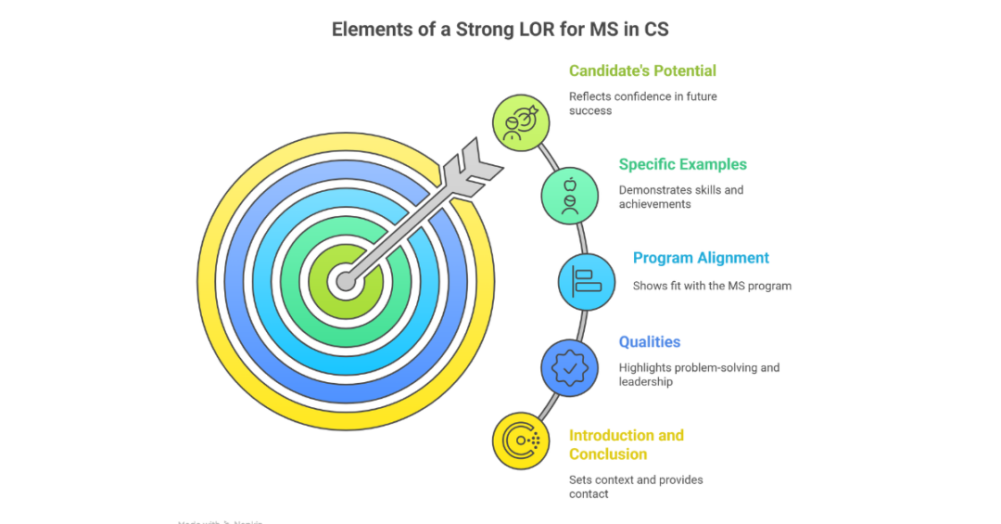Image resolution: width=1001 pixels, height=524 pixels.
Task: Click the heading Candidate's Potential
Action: [642, 70]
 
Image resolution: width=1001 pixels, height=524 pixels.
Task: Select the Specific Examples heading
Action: [682, 164]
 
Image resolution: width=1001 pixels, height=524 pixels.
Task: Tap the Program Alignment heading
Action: [701, 258]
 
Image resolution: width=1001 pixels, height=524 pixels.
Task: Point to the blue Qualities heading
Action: [649, 342]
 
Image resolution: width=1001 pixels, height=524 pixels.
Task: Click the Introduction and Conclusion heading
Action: [626, 444]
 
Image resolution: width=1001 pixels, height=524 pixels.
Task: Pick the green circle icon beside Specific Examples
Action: [570, 195]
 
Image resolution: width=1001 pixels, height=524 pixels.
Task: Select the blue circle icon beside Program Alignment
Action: [587, 282]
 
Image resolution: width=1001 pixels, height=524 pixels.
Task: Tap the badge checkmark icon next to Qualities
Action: [570, 368]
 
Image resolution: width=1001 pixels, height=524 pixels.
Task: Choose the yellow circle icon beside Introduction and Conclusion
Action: [521, 441]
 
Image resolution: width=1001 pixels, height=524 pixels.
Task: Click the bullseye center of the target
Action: [346, 280]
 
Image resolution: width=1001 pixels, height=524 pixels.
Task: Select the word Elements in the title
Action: [370, 30]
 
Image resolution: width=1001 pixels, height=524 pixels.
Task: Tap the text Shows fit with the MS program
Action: [712, 286]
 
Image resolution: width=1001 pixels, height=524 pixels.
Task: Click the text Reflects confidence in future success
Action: [642, 103]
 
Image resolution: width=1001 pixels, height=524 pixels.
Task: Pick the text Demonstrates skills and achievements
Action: [680, 197]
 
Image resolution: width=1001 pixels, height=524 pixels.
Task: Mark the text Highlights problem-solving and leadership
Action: [699, 374]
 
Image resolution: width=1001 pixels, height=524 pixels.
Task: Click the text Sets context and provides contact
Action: [636, 487]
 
